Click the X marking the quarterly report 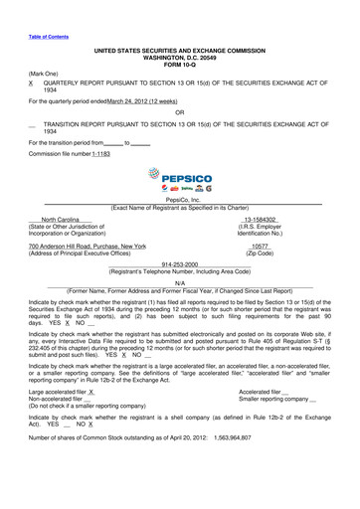pos(32,84)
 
